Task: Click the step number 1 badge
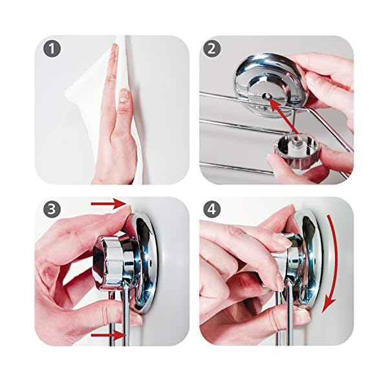(52, 49)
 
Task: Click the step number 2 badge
(212, 49)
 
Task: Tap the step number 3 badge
(52, 210)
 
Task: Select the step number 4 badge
(212, 210)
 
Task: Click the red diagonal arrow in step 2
(283, 114)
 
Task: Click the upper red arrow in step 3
(109, 204)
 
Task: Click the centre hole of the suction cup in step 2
(266, 96)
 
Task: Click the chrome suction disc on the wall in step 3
(144, 263)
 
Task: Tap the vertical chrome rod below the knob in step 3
(125, 319)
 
